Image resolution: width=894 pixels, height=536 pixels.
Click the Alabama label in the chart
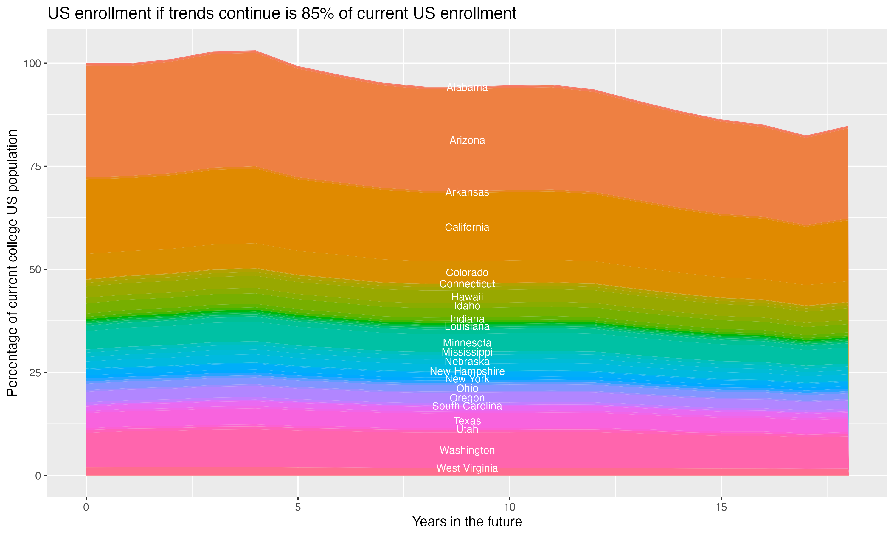pyautogui.click(x=467, y=88)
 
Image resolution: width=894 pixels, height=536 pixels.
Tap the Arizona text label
pyautogui.click(x=467, y=141)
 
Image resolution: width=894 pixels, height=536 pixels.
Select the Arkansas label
pyautogui.click(x=467, y=192)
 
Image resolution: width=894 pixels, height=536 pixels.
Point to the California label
pyautogui.click(x=467, y=227)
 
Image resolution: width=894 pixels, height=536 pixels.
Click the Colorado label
pyautogui.click(x=467, y=272)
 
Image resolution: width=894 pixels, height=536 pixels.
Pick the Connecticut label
pyautogui.click(x=467, y=284)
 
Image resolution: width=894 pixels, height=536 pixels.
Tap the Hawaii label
pyautogui.click(x=467, y=297)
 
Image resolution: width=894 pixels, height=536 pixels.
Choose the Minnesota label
pyautogui.click(x=467, y=342)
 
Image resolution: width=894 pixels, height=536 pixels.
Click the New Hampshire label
pyautogui.click(x=467, y=371)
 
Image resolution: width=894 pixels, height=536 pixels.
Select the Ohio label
pyautogui.click(x=467, y=388)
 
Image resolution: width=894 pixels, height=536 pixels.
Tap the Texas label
pyautogui.click(x=467, y=421)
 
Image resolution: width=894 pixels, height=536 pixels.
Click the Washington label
pyautogui.click(x=467, y=451)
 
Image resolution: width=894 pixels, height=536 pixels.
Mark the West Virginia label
pyautogui.click(x=467, y=468)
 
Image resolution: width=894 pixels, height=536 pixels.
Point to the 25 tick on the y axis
pyautogui.click(x=35, y=373)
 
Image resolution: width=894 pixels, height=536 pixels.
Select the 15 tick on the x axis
pyautogui.click(x=721, y=507)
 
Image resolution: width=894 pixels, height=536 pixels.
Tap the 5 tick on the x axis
pyautogui.click(x=298, y=507)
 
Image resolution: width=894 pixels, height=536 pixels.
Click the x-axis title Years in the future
pyautogui.click(x=467, y=521)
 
